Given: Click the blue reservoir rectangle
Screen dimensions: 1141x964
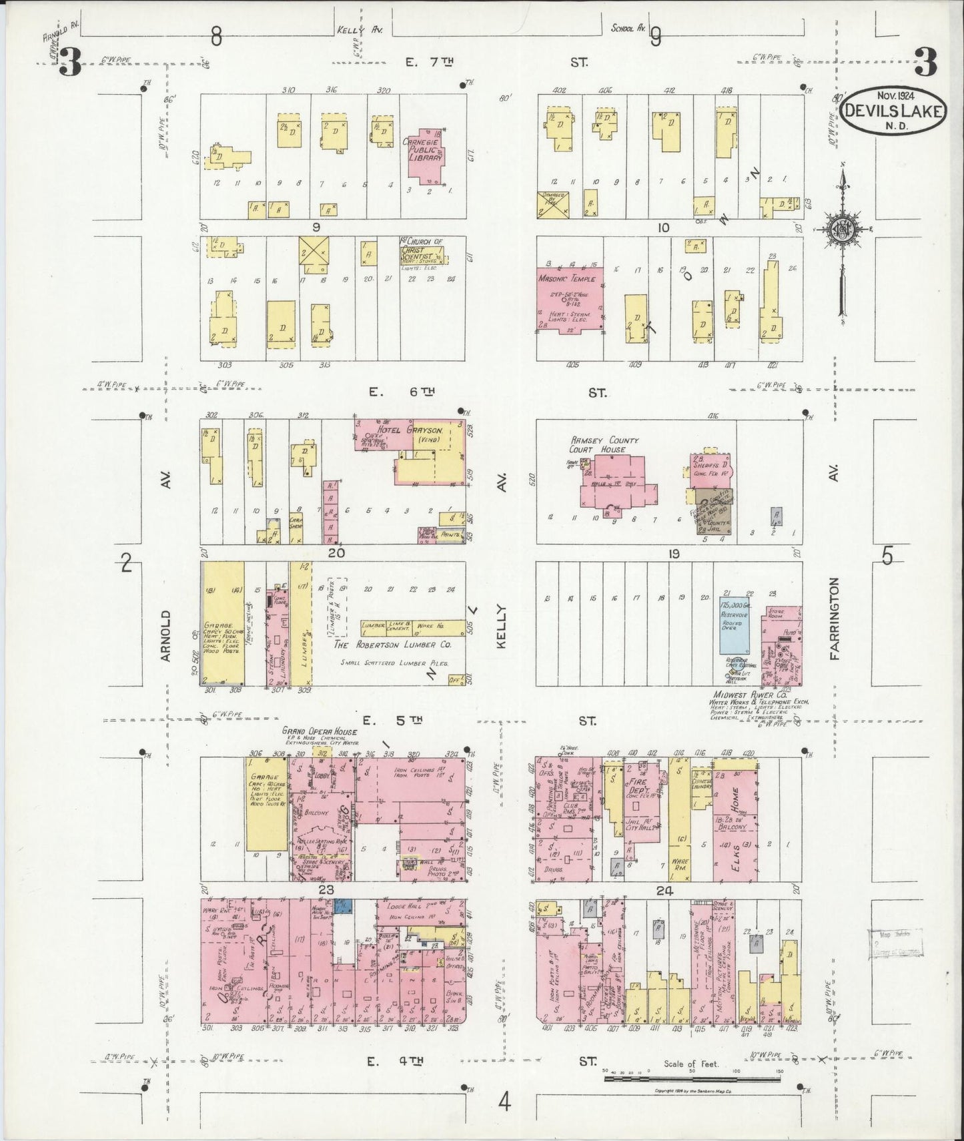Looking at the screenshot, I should click(733, 625).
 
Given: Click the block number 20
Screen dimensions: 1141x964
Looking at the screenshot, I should click(336, 553).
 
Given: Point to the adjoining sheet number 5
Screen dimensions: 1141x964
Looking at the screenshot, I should click(887, 556).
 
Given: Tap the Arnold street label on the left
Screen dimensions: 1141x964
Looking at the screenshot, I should click(166, 636).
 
